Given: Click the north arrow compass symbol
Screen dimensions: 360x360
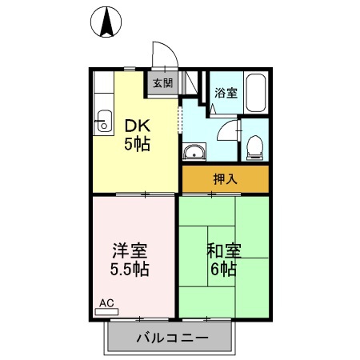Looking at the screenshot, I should (106, 22).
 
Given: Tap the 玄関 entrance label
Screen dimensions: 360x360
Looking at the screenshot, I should (162, 82).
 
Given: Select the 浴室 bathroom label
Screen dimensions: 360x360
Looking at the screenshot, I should (226, 93).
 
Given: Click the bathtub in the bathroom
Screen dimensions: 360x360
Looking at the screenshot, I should (255, 94).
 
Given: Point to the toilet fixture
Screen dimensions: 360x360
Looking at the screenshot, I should (255, 145).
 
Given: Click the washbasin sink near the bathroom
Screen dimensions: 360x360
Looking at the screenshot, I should (194, 152).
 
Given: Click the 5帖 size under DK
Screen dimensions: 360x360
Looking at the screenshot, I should (136, 145).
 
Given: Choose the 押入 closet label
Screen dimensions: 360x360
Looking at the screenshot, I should (225, 179).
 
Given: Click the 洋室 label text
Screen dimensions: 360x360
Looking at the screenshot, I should (129, 249).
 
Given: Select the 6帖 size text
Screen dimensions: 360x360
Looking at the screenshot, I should (223, 269).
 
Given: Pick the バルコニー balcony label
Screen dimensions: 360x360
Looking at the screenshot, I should (172, 338).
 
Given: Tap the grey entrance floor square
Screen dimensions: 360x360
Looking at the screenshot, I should (162, 83).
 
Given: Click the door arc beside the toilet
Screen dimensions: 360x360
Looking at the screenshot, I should (231, 130).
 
